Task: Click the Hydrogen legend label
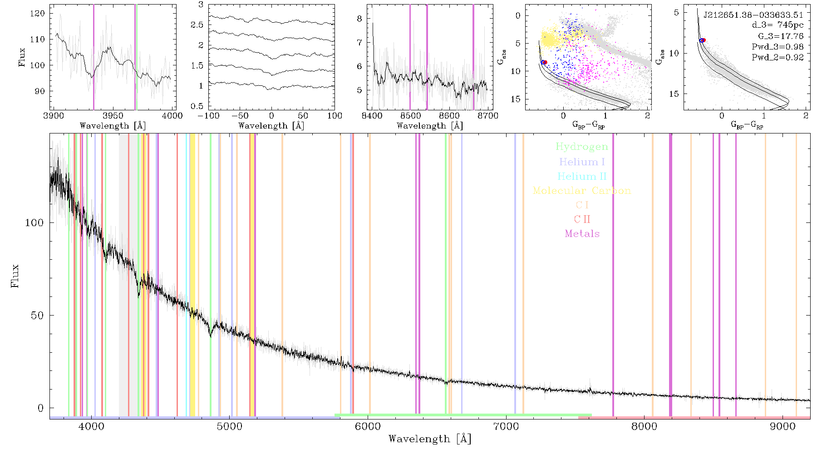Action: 581,147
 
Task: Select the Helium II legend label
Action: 581,176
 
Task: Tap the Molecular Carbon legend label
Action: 582,191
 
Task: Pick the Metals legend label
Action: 582,234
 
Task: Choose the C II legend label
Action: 582,219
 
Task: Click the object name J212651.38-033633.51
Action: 753,15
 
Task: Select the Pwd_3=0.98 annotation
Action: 778,47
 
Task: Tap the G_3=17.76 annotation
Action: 781,36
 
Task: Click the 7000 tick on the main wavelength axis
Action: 506,426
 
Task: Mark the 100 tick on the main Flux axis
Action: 34,223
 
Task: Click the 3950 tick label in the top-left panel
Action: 113,115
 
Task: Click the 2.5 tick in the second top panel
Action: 197,25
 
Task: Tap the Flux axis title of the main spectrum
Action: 15,276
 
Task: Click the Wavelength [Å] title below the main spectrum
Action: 430,439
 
